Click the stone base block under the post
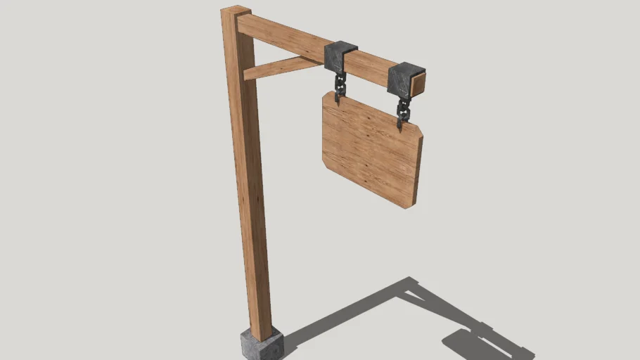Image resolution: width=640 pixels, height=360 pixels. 261,345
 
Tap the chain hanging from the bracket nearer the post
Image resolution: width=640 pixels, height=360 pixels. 340,86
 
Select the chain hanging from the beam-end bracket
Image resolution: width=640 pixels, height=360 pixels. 404,109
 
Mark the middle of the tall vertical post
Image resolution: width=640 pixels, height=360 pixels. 250,176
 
